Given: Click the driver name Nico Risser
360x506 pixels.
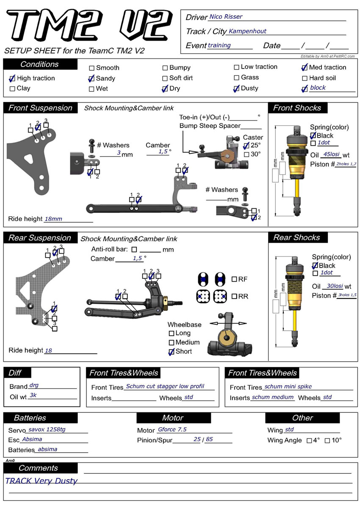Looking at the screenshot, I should coord(226,17).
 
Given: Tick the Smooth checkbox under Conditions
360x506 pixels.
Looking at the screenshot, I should coord(91,68).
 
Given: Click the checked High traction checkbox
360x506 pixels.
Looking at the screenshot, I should coord(12,78).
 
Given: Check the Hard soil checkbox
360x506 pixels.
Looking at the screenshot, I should coord(305,78).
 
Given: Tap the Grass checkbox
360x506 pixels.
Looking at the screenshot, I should coord(236,78).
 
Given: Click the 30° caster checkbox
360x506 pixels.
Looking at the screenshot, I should coord(246,155).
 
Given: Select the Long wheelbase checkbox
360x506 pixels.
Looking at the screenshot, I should coord(172,334).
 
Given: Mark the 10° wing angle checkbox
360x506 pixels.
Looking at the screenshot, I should coord(327,440).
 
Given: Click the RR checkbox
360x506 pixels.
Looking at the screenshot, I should coord(234,296).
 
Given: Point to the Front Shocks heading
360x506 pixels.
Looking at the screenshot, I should coord(297,108).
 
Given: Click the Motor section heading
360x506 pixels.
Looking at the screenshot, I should coord(173,418).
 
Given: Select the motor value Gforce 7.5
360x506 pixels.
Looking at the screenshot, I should coord(172,430).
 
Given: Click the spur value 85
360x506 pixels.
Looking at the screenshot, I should coord(209,440).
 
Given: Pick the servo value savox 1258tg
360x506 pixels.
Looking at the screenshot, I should coord(47,430).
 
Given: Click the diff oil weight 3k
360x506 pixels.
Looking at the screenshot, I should coord(33,395).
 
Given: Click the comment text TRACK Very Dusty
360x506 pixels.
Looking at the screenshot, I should coord(42,481).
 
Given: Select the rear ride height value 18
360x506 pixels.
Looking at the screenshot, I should coord(48,351).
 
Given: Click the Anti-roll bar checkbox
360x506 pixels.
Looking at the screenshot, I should coord(134,249).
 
